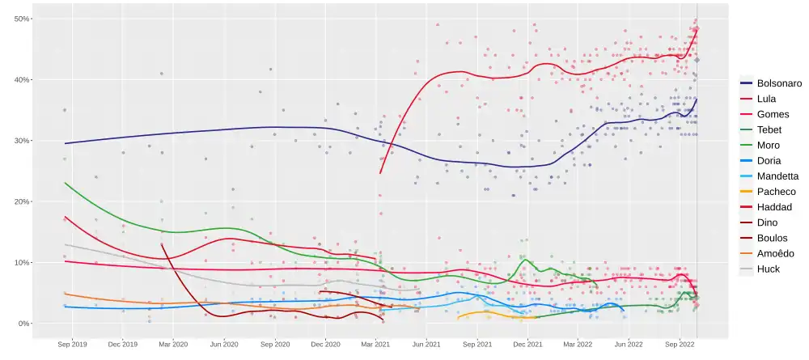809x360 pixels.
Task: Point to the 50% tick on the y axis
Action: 22,19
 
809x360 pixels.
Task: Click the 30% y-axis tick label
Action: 22,141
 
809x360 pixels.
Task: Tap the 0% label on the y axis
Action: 24,324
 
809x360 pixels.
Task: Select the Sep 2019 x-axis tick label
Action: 72,344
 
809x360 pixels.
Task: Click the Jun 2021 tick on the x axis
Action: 426,344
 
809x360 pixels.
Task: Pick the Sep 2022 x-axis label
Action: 680,344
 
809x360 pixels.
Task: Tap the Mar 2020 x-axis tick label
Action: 173,344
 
